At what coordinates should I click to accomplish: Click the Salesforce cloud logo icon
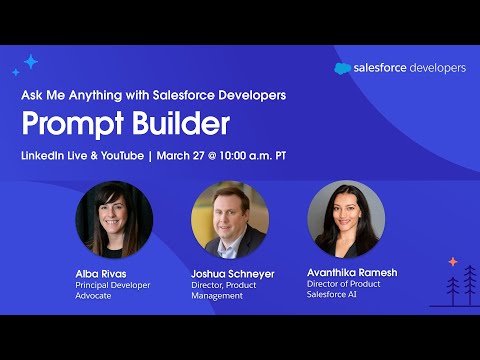point(342,69)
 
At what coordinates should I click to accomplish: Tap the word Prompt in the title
point(69,124)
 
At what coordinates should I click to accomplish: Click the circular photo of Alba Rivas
point(114,219)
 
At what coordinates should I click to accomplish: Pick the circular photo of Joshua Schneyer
point(230,219)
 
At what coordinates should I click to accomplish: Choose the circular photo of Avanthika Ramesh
point(346,219)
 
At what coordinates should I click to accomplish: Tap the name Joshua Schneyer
point(231,273)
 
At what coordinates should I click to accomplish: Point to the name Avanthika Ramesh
point(352,270)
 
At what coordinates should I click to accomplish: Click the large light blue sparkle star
point(31,62)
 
